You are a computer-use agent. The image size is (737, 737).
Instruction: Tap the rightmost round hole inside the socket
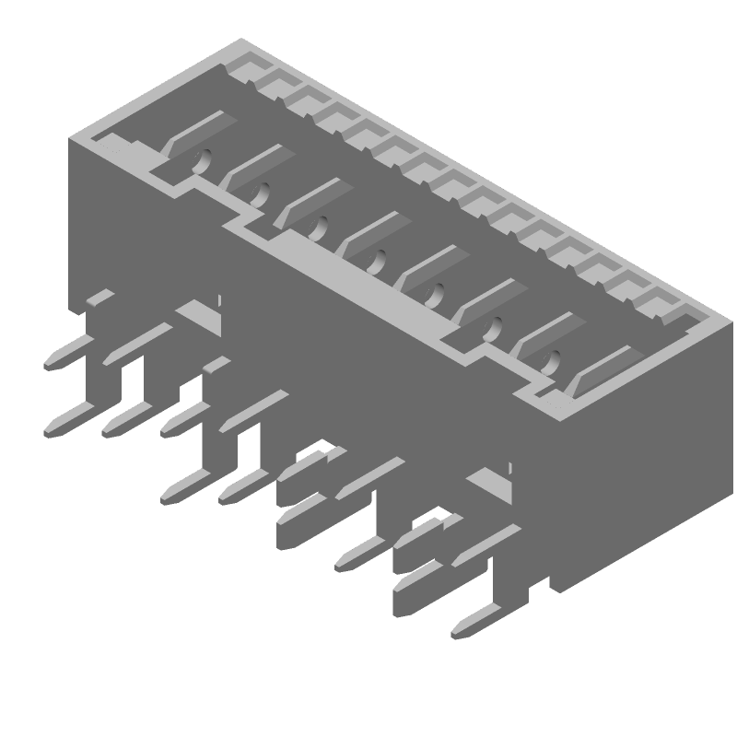tap(555, 360)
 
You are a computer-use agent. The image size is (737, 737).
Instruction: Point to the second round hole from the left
tap(262, 193)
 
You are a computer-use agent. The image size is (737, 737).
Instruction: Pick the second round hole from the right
tap(495, 327)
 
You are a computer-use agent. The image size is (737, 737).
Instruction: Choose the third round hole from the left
tap(319, 227)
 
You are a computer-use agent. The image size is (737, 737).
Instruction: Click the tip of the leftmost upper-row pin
tap(49, 363)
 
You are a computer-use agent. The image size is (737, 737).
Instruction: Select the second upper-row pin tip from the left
tap(108, 360)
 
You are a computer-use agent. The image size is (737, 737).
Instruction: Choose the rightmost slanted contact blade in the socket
tap(603, 368)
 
